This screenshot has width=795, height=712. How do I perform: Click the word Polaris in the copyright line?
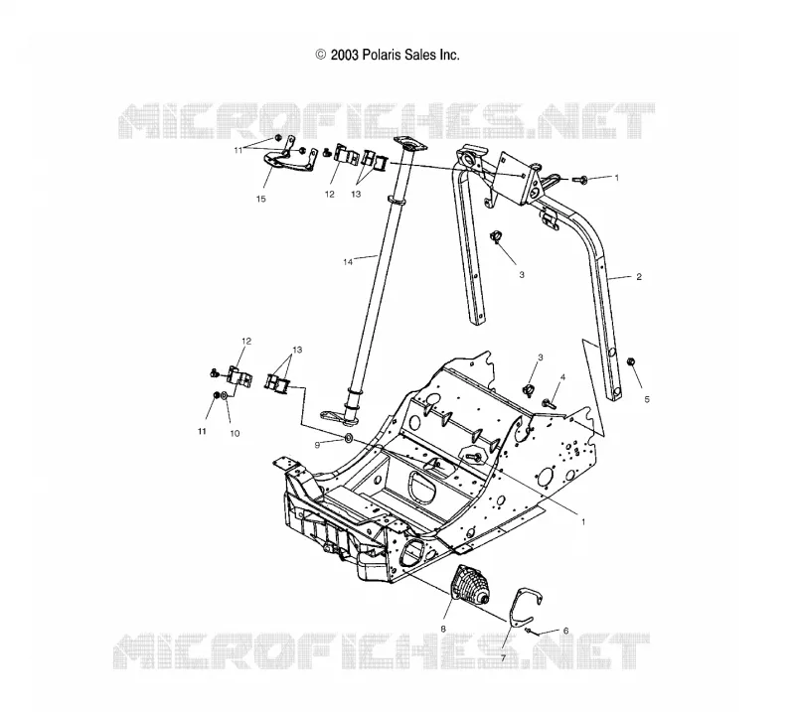point(380,55)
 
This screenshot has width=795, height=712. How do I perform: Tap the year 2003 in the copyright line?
point(345,55)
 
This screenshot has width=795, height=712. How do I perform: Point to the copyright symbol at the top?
point(320,55)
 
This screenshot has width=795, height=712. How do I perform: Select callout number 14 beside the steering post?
point(348,262)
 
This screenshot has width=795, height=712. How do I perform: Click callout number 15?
point(260,199)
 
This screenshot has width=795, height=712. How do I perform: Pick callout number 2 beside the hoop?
point(639,277)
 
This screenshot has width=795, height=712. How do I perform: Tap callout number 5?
point(647,399)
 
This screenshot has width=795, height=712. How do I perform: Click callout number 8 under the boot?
point(443,629)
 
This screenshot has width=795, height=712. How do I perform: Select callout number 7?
point(504,658)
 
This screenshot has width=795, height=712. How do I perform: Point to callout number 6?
point(565,631)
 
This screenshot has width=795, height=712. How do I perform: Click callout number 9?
point(317,445)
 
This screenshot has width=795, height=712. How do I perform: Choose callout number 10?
point(235,433)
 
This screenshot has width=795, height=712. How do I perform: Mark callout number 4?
point(562,377)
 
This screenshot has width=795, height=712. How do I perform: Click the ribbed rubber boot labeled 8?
point(468,588)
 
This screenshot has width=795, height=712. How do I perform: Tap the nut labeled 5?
point(631,361)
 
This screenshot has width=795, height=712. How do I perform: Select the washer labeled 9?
point(349,437)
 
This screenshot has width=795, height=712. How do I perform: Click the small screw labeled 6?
point(529,631)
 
